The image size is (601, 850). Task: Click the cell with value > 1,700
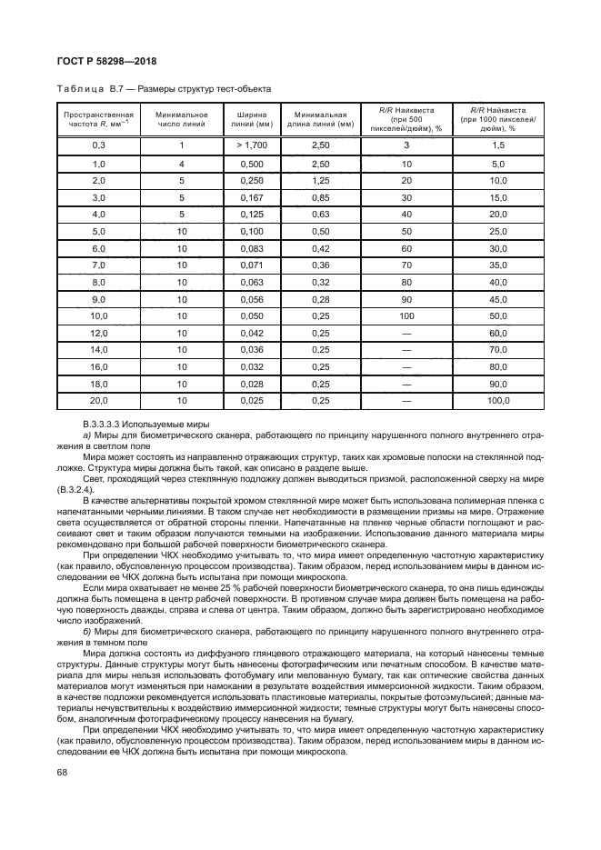[251, 145]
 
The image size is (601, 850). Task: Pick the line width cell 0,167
[251, 197]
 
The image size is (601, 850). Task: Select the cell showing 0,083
[251, 248]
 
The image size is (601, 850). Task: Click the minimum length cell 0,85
[320, 197]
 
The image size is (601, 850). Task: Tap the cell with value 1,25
[320, 180]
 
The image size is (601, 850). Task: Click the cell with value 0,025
[251, 400]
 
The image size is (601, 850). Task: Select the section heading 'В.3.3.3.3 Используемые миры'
[146, 425]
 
